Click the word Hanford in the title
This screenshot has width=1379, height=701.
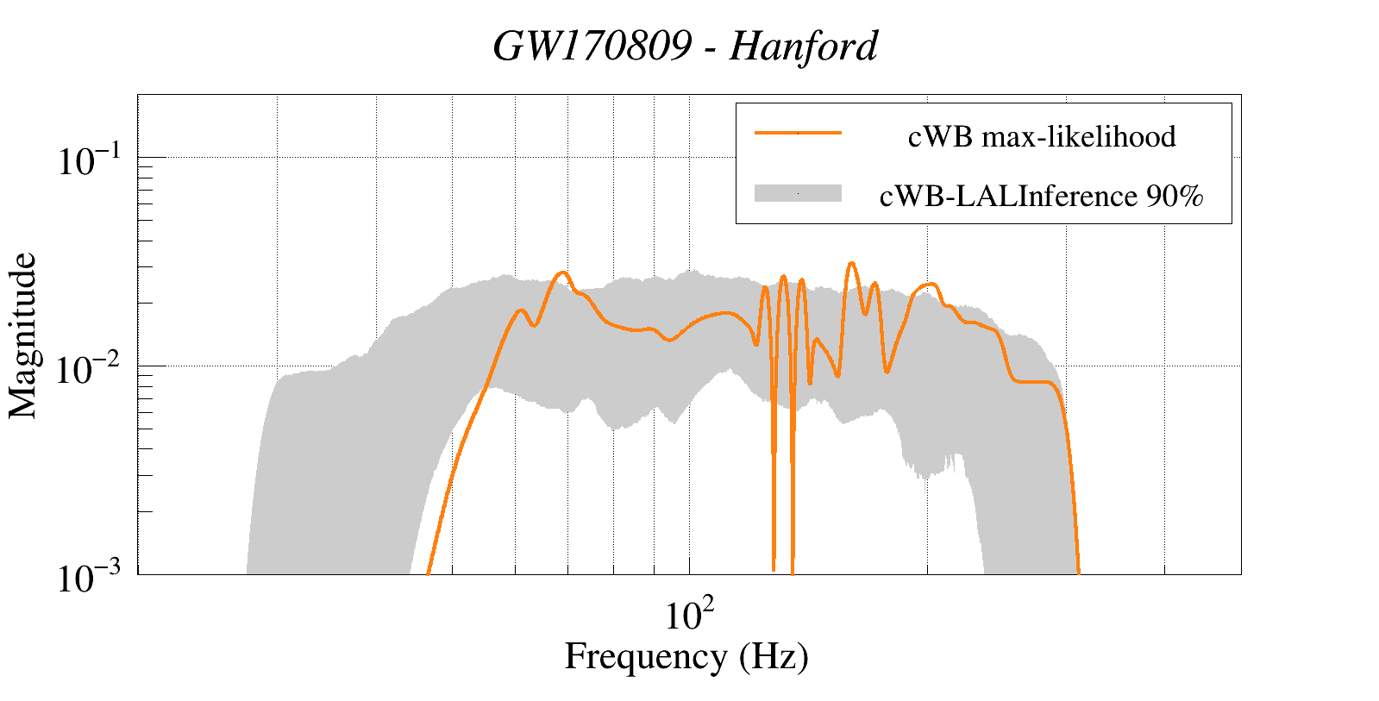[x=804, y=47]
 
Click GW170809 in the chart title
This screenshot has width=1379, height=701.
[x=592, y=47]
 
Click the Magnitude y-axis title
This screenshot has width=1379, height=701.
[x=23, y=335]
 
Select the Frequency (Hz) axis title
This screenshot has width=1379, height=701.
[x=686, y=657]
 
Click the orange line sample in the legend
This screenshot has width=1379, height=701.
[x=798, y=133]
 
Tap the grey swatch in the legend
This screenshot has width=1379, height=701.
[x=798, y=194]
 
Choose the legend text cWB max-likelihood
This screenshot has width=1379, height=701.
[x=1042, y=137]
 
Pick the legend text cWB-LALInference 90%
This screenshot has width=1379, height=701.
[x=1041, y=197]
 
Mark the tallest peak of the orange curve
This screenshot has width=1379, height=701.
[x=851, y=263]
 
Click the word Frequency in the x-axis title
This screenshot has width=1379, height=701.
[x=646, y=657]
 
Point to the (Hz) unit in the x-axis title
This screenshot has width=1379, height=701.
[x=774, y=657]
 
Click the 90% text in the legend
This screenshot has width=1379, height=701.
[x=1174, y=197]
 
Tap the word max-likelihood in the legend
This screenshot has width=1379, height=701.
[x=1079, y=137]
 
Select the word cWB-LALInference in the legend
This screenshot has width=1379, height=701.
[x=1008, y=197]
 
